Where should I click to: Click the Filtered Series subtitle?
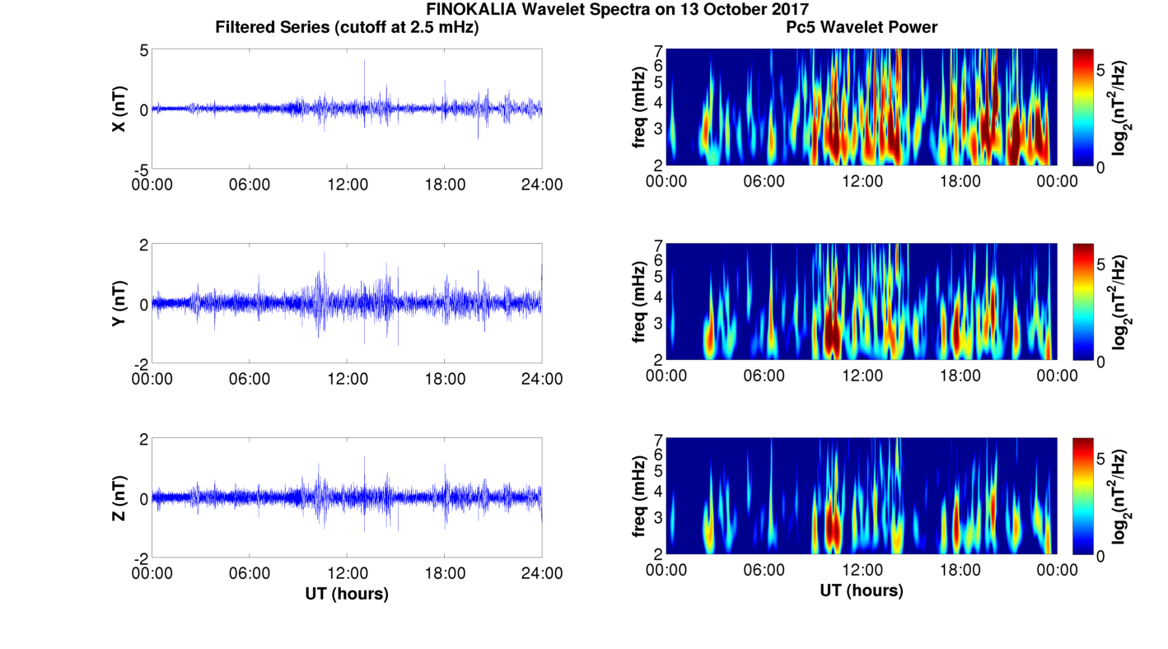point(347,27)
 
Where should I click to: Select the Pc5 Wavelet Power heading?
point(862,27)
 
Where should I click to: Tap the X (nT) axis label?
point(119,109)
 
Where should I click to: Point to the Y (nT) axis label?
point(119,304)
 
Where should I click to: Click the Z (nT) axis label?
point(119,498)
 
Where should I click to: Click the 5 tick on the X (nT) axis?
point(143,50)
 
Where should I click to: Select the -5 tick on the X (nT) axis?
point(140,169)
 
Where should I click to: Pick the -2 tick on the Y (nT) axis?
point(140,363)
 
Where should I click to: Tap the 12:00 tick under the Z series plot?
point(348,573)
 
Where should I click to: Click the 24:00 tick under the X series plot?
point(543,184)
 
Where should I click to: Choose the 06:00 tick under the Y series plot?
point(250,379)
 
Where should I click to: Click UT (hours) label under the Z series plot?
point(347,593)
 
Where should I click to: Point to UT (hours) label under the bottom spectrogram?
point(862,591)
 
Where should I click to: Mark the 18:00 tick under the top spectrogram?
point(960,181)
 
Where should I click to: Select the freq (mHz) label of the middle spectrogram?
point(638,303)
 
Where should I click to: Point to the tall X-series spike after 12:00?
point(364,63)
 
